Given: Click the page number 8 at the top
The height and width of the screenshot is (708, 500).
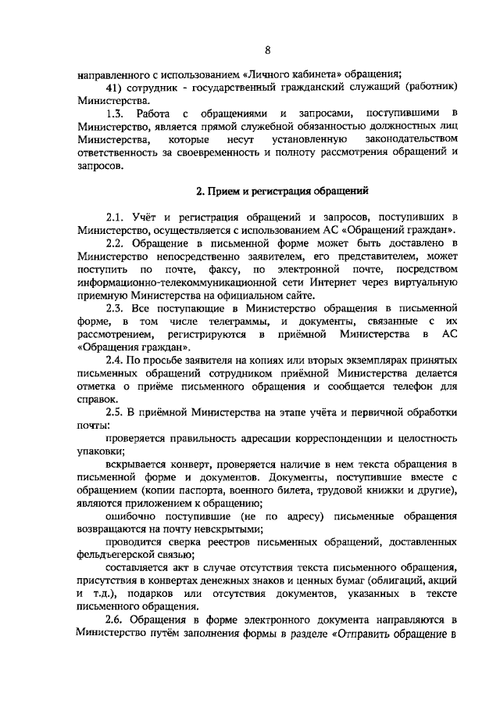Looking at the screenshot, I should pyautogui.click(x=267, y=52).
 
